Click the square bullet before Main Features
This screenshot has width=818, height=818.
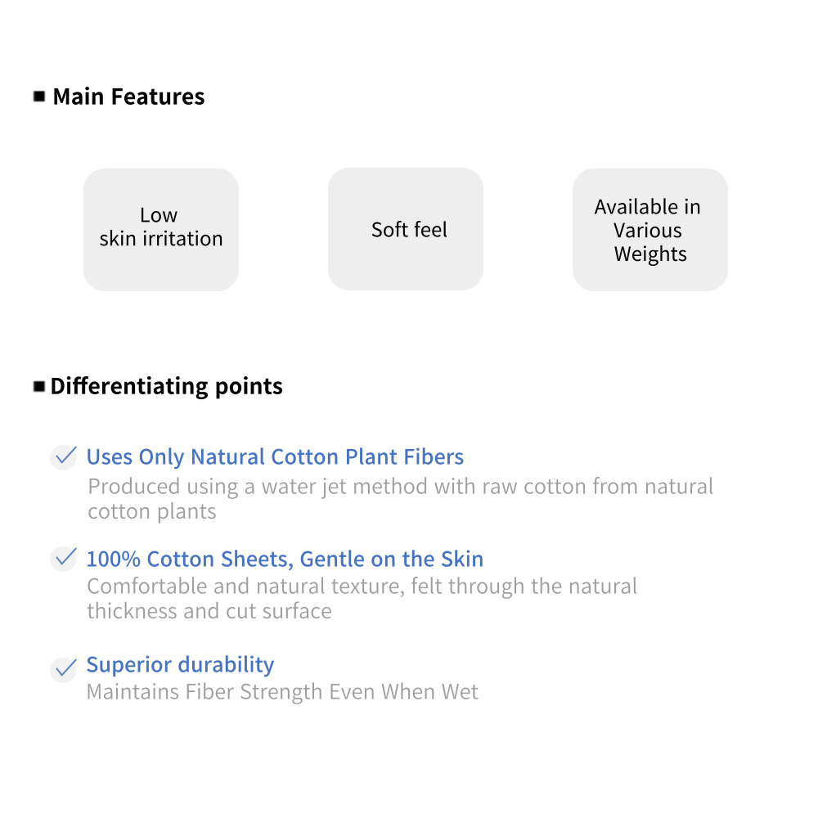pos(39,97)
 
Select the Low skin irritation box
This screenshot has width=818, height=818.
pos(161,230)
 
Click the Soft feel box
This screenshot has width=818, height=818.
pos(406,229)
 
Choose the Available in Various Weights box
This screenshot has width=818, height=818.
pos(650,230)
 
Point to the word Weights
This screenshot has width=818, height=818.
pos(650,254)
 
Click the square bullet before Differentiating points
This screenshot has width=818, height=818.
pos(39,387)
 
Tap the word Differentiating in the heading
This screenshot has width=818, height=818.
pos(129,387)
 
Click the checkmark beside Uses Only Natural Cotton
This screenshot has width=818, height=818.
pos(65,457)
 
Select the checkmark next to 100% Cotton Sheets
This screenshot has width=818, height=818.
pos(65,559)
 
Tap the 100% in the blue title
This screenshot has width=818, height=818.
pos(113,560)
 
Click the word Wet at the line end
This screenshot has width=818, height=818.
pos(460,692)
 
